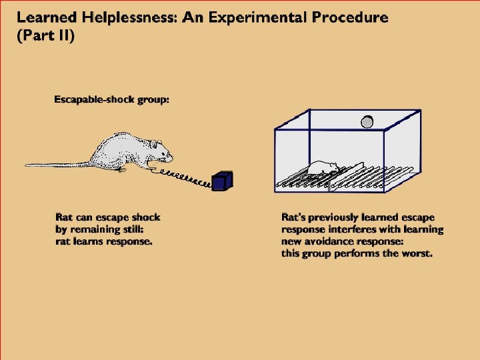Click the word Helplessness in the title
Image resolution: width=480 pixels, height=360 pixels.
point(119,18)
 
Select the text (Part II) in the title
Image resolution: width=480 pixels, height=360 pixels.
point(46,35)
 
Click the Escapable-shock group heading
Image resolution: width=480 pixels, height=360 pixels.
point(111,100)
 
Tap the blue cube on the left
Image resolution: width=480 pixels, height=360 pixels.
point(221,181)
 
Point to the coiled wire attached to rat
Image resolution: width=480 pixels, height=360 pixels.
point(183,176)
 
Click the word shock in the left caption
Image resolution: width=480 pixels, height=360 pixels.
point(145,217)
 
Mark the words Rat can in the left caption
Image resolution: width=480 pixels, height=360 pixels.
point(75,217)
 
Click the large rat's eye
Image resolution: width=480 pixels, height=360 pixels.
point(161,148)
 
